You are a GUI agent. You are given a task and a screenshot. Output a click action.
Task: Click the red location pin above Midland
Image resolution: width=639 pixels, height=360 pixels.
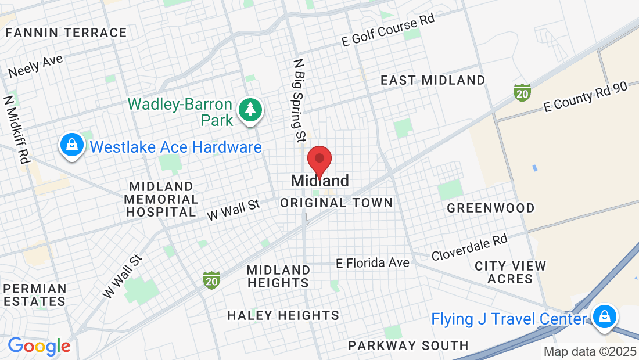[x=319, y=160]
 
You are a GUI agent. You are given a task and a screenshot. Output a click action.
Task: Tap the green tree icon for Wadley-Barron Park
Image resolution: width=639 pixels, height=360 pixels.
[x=250, y=109]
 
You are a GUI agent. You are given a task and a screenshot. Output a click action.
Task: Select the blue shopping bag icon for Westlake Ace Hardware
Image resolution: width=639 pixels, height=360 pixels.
[x=72, y=145]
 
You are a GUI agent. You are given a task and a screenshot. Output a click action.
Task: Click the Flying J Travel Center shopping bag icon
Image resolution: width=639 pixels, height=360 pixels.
[x=604, y=317]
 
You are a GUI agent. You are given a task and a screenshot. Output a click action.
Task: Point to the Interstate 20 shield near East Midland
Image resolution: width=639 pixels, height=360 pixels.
[x=522, y=92]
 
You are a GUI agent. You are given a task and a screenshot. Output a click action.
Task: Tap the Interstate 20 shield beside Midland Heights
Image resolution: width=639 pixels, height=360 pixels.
[x=211, y=280]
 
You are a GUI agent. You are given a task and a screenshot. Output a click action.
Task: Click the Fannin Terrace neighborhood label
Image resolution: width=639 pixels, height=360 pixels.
[x=66, y=33]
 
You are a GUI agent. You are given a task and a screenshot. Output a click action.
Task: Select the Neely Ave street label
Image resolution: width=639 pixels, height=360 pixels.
[x=36, y=66]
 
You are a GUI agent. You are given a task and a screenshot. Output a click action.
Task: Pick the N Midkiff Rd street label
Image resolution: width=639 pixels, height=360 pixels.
[x=17, y=129]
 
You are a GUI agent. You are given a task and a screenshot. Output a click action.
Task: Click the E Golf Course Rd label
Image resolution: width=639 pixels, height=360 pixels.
[x=388, y=30]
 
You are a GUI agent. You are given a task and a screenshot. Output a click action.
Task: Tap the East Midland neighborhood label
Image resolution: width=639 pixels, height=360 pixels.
[x=433, y=80]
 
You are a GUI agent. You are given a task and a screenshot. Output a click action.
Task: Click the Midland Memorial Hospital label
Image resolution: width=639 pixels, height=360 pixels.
[x=162, y=199]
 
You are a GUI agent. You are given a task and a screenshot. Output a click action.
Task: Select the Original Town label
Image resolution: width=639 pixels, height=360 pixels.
[x=336, y=203]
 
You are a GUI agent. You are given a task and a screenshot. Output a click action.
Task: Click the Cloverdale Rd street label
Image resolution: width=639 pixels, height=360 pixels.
[x=469, y=247]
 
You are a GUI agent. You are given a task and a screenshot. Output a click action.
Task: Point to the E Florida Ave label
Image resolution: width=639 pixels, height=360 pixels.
[x=372, y=263]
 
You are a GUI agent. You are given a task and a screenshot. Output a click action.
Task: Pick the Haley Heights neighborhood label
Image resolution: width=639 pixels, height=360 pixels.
[x=283, y=315]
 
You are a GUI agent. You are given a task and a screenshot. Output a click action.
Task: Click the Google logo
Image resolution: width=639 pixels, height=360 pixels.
[x=39, y=346]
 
